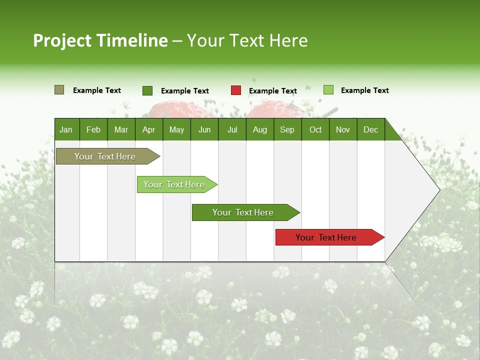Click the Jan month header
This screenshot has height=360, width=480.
(x=66, y=129)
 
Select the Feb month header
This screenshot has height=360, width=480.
(x=93, y=129)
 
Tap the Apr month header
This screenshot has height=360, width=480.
(x=148, y=129)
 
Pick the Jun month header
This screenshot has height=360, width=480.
(x=204, y=129)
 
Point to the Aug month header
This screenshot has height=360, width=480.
(x=259, y=129)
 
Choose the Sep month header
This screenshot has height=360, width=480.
(x=287, y=129)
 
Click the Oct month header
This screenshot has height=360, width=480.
(x=315, y=129)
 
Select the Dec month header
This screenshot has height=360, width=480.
(x=370, y=129)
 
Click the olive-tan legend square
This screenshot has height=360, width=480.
(x=59, y=90)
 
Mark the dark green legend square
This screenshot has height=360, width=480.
(x=147, y=90)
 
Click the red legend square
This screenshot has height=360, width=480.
(x=235, y=90)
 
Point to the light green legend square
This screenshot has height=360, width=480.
(x=328, y=90)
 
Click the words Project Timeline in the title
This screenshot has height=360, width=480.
(x=100, y=40)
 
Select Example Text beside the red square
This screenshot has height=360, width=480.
(x=272, y=91)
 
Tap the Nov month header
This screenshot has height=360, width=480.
(x=343, y=129)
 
